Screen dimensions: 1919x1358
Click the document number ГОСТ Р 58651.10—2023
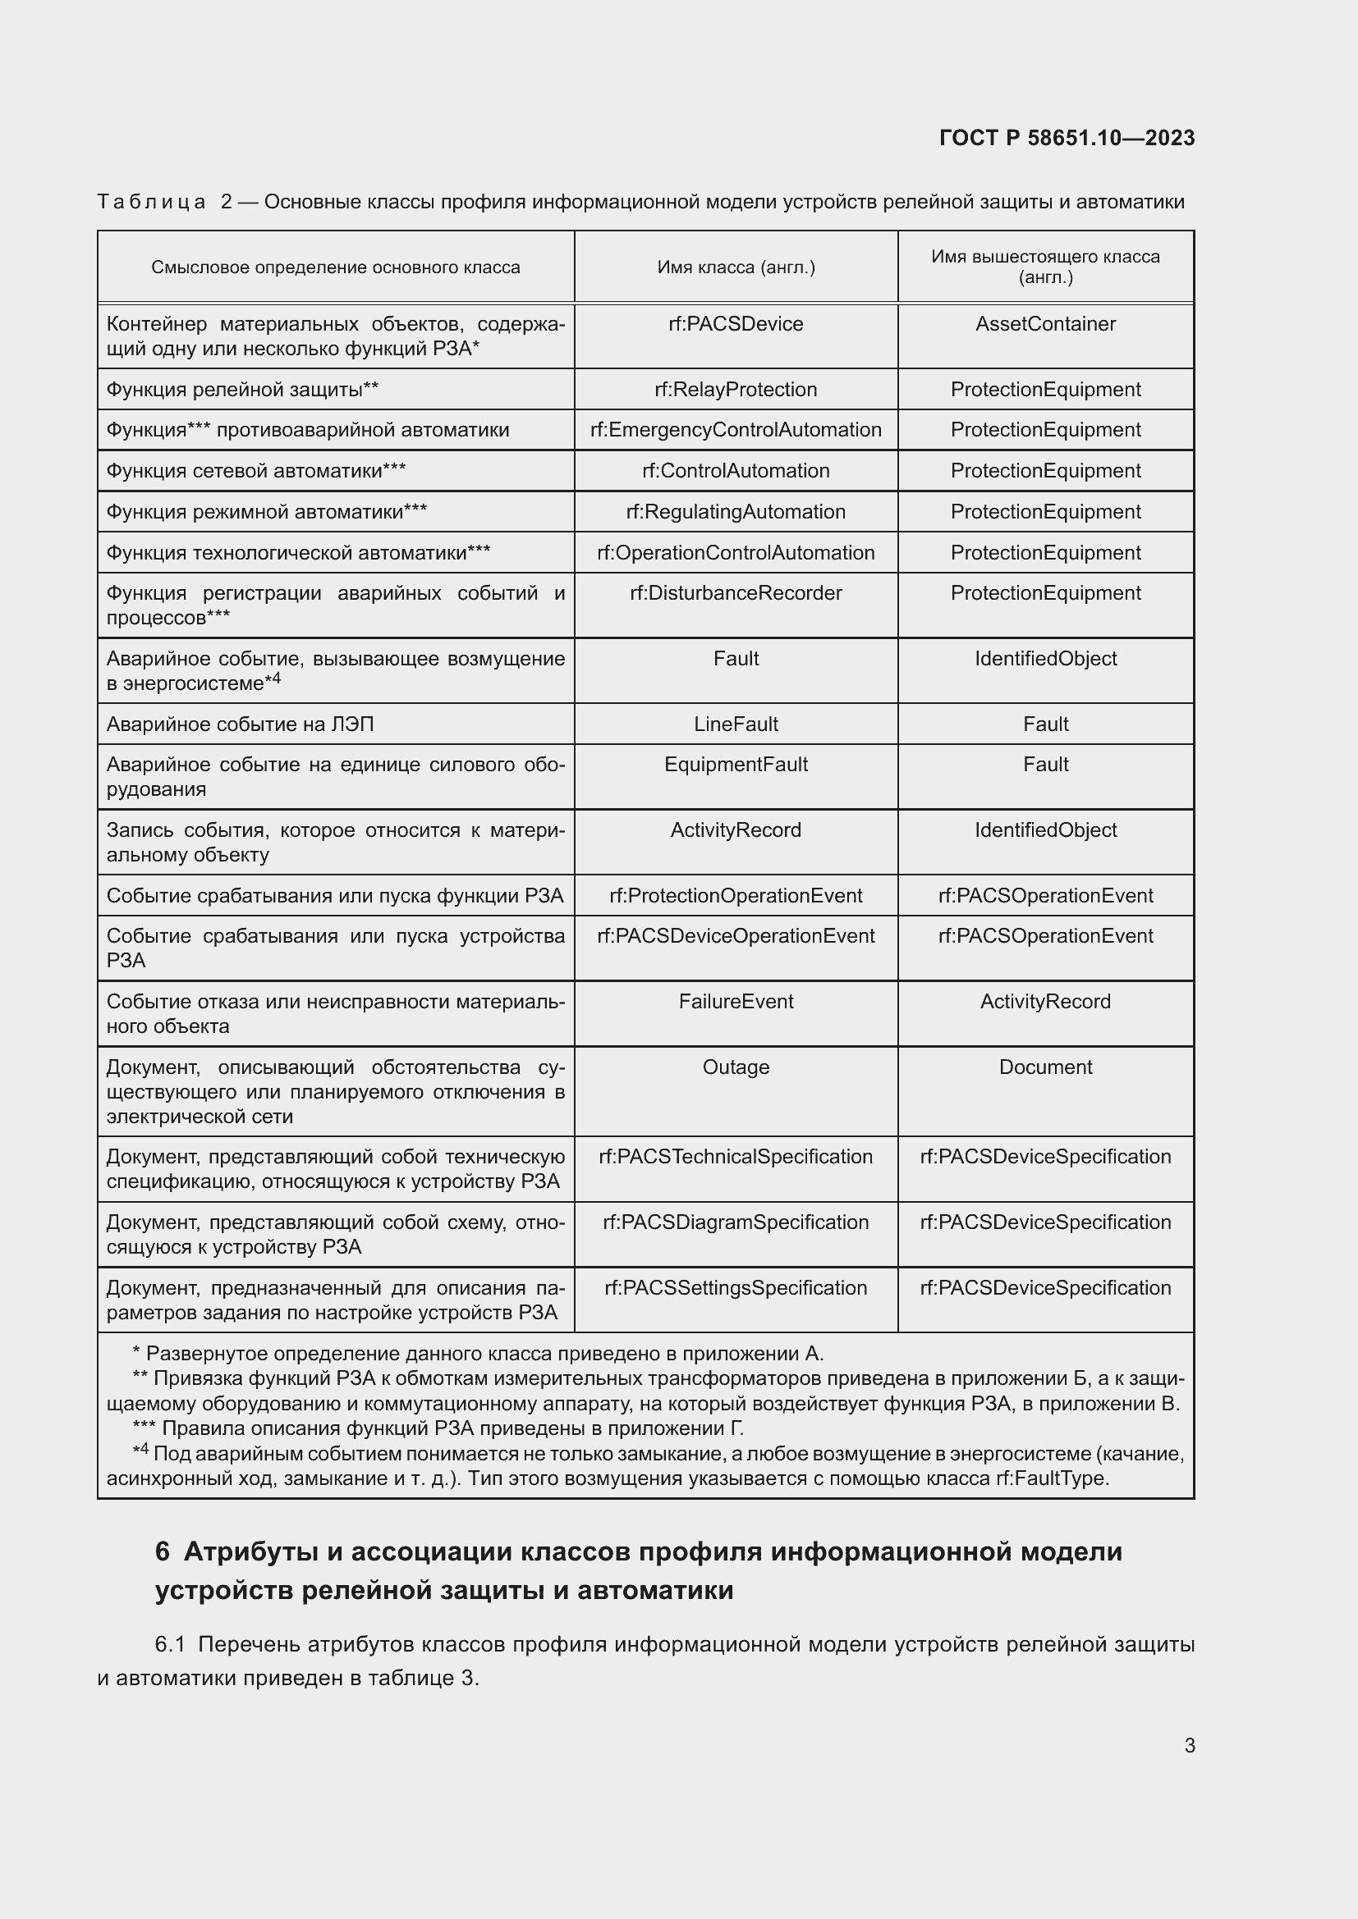(1067, 138)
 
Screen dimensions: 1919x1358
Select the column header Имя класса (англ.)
(735, 267)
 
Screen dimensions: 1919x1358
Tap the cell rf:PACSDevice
(735, 324)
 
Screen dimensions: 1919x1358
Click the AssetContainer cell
(1044, 324)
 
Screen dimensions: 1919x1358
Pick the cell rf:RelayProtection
(735, 390)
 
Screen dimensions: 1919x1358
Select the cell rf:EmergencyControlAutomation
(735, 430)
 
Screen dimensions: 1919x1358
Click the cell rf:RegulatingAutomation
(735, 511)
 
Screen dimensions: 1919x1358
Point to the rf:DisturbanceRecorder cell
(735, 593)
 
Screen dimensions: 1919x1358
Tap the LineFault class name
(735, 724)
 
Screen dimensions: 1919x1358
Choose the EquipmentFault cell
(735, 765)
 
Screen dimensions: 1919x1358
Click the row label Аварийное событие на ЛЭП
(240, 724)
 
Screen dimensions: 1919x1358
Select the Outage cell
(735, 1067)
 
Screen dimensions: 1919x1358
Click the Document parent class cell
(1044, 1067)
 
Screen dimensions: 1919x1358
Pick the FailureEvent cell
(735, 1001)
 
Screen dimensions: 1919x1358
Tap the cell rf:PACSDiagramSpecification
(735, 1222)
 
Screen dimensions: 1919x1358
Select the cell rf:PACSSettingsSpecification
(735, 1288)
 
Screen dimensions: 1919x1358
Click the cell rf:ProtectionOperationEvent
(735, 896)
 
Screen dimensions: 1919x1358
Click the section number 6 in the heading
(163, 1552)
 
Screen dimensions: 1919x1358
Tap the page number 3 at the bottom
(1189, 1746)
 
